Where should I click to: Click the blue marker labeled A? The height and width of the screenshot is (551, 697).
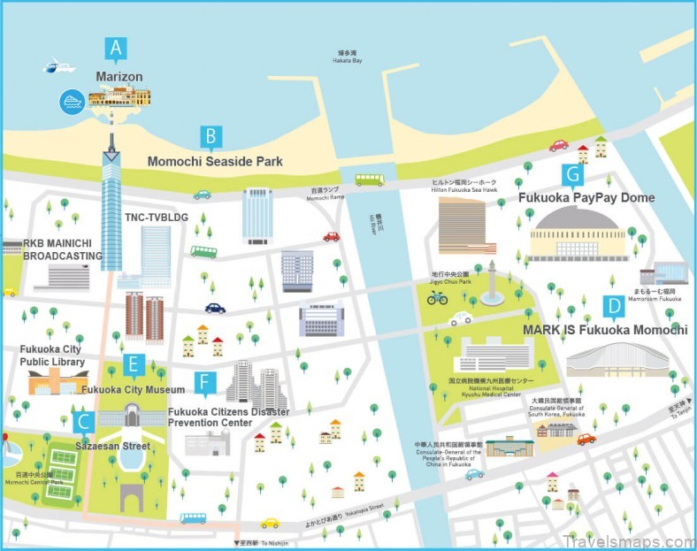tap(115, 49)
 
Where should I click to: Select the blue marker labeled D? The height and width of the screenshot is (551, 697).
tap(611, 307)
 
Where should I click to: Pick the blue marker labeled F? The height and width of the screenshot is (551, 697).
tap(204, 382)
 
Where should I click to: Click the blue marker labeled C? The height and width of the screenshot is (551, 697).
tap(82, 422)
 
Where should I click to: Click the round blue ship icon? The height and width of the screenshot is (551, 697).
tap(71, 101)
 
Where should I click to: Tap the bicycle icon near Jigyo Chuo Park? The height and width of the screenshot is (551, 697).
tap(437, 297)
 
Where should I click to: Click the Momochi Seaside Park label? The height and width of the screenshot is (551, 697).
tap(215, 162)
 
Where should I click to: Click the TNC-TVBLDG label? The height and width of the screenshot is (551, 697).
tap(157, 217)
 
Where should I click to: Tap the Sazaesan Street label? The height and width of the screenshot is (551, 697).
tap(112, 446)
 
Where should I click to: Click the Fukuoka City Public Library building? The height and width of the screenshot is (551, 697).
tap(57, 382)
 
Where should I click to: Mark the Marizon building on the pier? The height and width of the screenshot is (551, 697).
tap(119, 96)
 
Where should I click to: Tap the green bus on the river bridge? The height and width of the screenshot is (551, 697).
tap(369, 180)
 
